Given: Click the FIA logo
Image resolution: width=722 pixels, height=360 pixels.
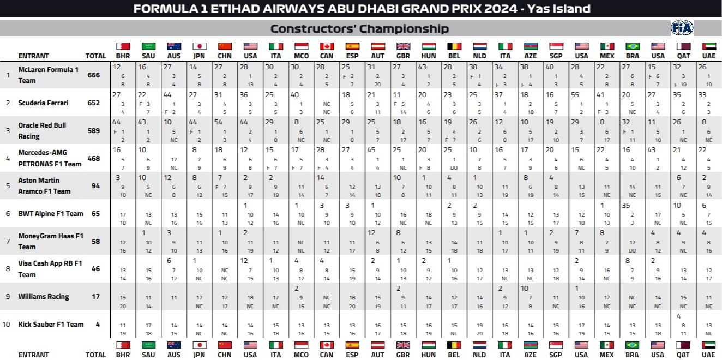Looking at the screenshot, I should [682, 28].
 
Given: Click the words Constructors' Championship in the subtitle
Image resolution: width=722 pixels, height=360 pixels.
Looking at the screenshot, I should [359, 29].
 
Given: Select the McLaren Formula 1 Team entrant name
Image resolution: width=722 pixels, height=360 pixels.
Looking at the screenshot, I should [49, 75].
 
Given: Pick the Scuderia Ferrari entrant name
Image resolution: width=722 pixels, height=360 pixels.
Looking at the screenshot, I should [44, 103].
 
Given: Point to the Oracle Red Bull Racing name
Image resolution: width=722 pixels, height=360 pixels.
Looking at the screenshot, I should [42, 130].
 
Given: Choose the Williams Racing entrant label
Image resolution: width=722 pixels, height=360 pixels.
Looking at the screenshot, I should [44, 297].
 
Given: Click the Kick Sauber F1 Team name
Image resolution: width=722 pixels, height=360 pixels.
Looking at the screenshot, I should [51, 325].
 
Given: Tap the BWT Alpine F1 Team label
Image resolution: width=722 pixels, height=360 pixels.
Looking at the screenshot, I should [51, 214].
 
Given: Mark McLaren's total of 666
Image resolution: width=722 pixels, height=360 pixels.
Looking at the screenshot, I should [94, 75].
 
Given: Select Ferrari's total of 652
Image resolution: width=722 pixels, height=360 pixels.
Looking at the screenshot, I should [94, 103].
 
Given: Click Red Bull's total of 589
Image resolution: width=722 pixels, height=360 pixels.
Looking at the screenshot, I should [94, 130].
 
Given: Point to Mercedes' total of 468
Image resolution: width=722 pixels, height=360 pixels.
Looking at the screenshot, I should [94, 158].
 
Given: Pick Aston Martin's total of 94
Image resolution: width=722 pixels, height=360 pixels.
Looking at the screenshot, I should [95, 186].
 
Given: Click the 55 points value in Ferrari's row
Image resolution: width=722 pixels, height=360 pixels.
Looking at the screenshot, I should [575, 94].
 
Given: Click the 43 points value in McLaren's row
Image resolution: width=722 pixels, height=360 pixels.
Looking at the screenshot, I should [422, 67].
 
